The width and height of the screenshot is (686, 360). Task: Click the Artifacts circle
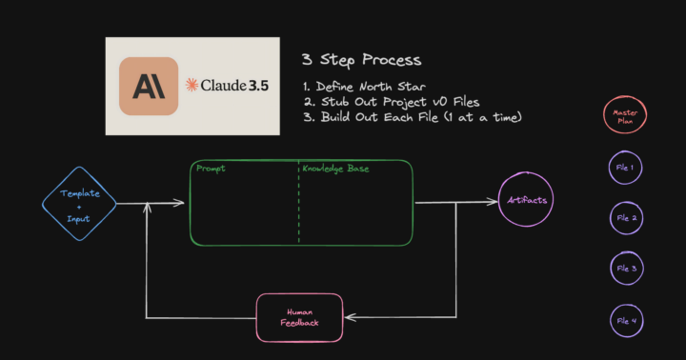(x=525, y=201)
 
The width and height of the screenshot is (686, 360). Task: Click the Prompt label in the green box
(x=211, y=170)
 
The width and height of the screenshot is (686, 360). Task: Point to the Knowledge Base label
(x=336, y=170)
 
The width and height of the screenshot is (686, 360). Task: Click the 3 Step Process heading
(x=361, y=60)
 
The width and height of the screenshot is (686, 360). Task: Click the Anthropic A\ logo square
(x=149, y=87)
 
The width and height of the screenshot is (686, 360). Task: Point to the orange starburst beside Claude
(x=192, y=86)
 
